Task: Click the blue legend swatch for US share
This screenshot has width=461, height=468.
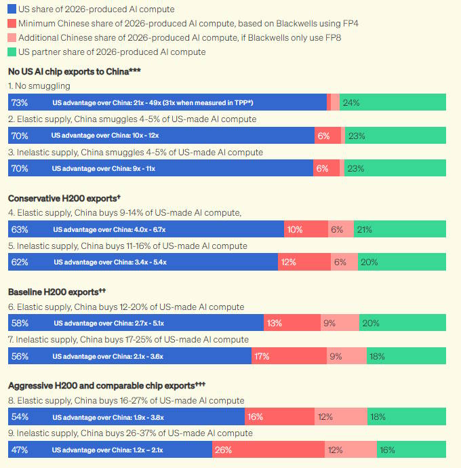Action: point(12,9)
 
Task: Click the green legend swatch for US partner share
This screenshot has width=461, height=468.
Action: point(12,52)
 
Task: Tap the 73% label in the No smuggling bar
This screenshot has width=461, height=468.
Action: point(19,102)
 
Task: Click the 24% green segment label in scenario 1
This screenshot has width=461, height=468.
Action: point(351,102)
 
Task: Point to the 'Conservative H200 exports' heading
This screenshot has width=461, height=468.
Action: point(64,198)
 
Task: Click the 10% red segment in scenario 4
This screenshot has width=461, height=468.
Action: point(295,229)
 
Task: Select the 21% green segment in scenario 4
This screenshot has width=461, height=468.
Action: point(364,229)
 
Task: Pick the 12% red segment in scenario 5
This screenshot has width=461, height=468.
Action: point(289,262)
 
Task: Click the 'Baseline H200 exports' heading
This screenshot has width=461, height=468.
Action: point(56,292)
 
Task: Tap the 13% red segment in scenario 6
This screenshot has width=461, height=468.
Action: point(274,323)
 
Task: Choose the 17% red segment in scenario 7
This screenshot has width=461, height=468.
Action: point(261,355)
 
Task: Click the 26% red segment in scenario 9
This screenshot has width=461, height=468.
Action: point(222,450)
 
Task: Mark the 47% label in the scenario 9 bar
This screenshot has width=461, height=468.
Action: point(19,450)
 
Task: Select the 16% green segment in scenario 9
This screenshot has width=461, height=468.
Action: point(387,450)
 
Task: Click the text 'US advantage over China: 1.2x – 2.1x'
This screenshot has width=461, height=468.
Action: point(108,450)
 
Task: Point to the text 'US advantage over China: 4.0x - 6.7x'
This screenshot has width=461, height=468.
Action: point(108,229)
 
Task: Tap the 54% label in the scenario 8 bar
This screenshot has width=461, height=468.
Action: point(19,417)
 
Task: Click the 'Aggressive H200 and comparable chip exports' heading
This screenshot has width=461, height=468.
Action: point(106,385)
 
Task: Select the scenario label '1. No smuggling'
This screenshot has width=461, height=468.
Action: point(39,86)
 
